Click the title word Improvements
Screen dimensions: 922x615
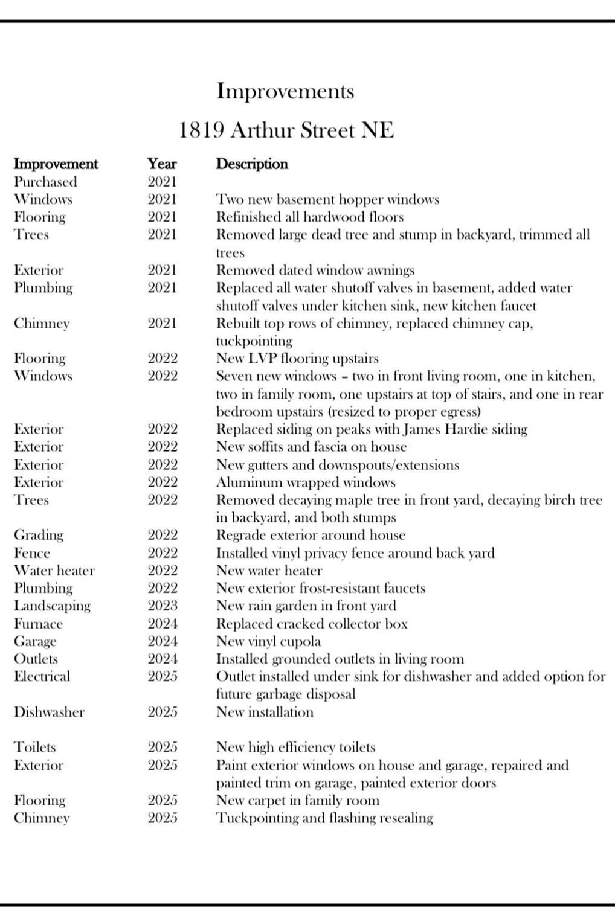[x=285, y=91]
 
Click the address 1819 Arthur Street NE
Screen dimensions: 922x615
[x=286, y=130]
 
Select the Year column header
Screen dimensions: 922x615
[x=162, y=164]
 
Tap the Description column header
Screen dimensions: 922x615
[x=252, y=164]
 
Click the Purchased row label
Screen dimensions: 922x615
[x=45, y=182]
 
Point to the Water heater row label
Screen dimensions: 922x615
[x=54, y=571]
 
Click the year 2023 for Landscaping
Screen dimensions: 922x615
[x=163, y=606]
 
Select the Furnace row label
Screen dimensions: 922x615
[x=38, y=624]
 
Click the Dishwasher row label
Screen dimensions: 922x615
[x=49, y=712]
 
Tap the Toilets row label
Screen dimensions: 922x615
[x=35, y=748]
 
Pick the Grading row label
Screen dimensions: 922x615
[x=38, y=535]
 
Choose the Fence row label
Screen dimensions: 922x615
[x=32, y=553]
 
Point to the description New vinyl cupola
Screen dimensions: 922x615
[x=268, y=641]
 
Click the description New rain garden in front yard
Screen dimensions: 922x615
[x=306, y=606]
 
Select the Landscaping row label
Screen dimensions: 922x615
[x=52, y=606]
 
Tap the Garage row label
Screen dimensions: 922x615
[x=35, y=641]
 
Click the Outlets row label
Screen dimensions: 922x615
[x=36, y=659]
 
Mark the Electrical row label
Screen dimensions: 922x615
[x=42, y=676]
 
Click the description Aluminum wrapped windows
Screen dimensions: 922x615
[x=306, y=482]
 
